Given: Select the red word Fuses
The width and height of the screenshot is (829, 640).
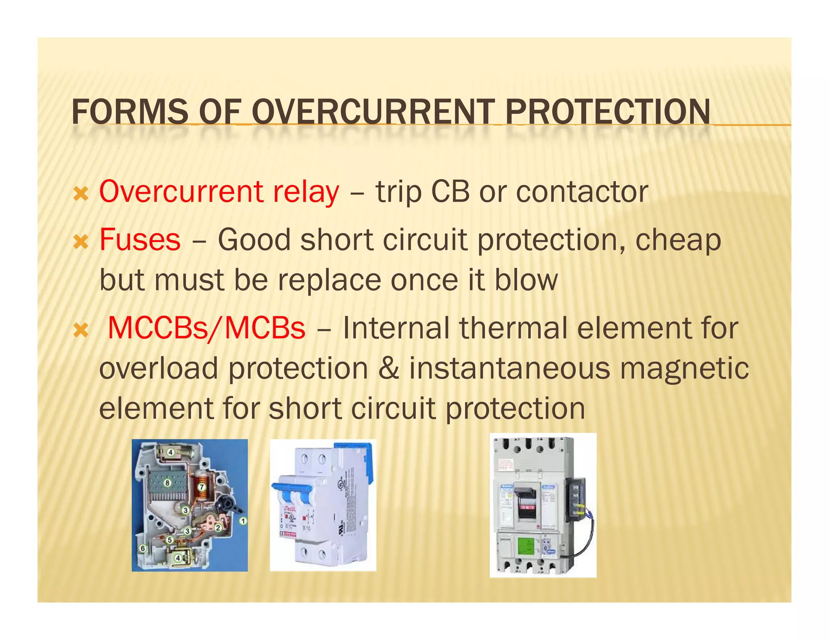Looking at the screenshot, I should (140, 239).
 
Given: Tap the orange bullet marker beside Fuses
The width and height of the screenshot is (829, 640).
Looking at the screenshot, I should (81, 242).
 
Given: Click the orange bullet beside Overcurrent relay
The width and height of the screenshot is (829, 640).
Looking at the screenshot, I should (81, 195).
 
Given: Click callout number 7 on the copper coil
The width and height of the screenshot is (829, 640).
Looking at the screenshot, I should (202, 487).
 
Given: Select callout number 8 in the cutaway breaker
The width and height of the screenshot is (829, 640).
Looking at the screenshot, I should (167, 483).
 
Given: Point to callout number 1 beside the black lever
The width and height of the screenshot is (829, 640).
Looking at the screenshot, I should (243, 521).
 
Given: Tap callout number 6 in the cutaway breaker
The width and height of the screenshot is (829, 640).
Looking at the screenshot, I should (142, 549).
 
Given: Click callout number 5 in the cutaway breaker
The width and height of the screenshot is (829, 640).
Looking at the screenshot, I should (170, 540).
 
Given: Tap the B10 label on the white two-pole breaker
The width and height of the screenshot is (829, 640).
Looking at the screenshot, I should (306, 528).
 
